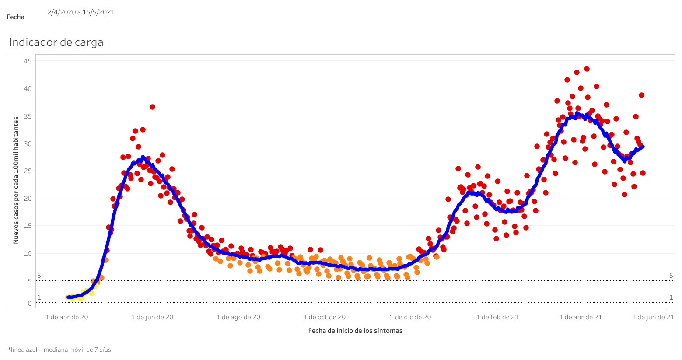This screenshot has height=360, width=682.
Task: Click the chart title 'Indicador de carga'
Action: click(x=56, y=42)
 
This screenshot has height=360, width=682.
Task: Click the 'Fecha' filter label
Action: click(x=15, y=17)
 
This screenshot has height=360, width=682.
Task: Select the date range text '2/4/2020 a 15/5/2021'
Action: click(x=81, y=12)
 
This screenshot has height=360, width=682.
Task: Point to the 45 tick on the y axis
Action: click(x=28, y=61)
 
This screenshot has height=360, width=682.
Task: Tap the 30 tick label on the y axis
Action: click(x=28, y=143)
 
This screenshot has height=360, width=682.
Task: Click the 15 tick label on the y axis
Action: click(x=28, y=226)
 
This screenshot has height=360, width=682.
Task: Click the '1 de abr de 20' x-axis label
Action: click(x=66, y=317)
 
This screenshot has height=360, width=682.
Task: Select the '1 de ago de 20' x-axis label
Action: click(x=238, y=317)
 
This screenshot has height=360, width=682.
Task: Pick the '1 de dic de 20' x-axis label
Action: click(x=410, y=317)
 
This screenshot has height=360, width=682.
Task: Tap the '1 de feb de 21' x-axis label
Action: click(x=497, y=317)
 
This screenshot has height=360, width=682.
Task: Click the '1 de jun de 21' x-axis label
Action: click(x=653, y=317)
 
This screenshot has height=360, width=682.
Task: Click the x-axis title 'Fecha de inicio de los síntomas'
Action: click(x=355, y=331)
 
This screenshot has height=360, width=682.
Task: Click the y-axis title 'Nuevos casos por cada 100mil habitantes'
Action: click(x=16, y=180)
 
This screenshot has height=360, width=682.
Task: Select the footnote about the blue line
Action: click(x=59, y=350)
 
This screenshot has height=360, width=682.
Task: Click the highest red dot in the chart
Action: click(x=587, y=69)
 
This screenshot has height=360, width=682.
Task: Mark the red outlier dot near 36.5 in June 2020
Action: click(x=152, y=107)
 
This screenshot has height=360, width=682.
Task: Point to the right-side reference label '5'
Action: click(x=671, y=276)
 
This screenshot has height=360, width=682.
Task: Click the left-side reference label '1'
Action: click(x=39, y=297)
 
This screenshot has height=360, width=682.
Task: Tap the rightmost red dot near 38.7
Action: click(x=641, y=95)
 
